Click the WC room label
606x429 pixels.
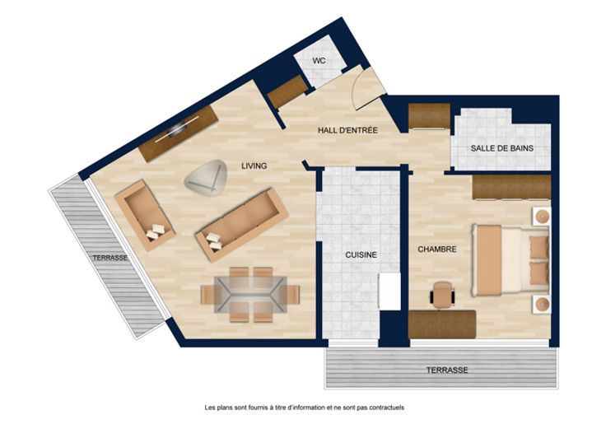tap(319, 61)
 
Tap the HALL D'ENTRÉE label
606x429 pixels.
tap(347, 130)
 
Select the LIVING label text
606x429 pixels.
tap(254, 166)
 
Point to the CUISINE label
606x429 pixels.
tap(361, 255)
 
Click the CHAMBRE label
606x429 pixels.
tap(437, 249)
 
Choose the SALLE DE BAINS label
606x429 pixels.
tap(502, 148)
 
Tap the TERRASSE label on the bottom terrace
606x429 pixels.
tap(447, 371)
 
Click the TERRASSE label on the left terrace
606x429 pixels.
tap(110, 258)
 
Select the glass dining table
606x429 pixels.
tap(250, 295)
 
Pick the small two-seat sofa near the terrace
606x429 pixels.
tap(145, 216)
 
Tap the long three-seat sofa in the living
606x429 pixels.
tap(242, 225)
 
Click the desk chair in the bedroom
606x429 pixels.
tap(442, 295)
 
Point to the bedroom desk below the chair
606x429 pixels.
tap(442, 324)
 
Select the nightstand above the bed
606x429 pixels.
tap(543, 216)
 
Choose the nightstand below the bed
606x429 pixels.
tap(543, 305)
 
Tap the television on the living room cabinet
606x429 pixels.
tap(178, 128)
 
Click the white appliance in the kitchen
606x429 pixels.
tap(389, 291)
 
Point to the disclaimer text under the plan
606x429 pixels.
tap(304, 408)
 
